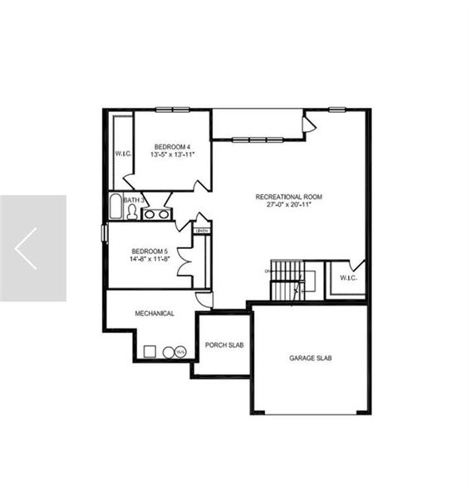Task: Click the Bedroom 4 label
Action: coord(172,147)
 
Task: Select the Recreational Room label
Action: coord(288,197)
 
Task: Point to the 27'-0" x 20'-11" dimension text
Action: coord(288,205)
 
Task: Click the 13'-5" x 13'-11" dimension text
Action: coord(172,155)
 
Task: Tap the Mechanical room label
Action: coord(155,314)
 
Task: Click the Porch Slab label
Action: coord(223,344)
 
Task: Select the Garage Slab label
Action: coord(311,358)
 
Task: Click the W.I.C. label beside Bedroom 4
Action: coord(123,154)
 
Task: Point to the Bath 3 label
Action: coord(134,200)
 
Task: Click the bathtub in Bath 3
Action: coord(115,207)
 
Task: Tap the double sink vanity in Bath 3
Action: coord(155,214)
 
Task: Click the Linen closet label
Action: coord(201,230)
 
